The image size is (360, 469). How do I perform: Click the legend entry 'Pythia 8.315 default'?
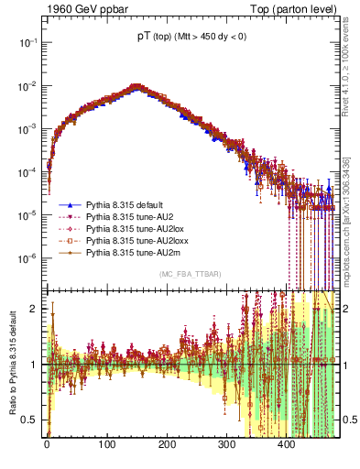pos(126,204)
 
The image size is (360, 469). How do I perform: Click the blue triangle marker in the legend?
pos(69,204)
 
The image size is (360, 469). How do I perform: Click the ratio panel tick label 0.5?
pos(30,420)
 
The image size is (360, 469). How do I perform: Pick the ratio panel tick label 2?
pos(35,309)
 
